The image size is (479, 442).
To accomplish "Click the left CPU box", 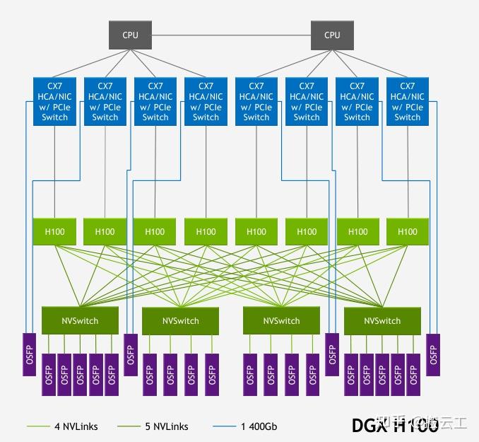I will (130, 35).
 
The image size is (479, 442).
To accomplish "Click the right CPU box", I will (332, 35).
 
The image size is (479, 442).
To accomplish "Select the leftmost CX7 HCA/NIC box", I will (54, 102).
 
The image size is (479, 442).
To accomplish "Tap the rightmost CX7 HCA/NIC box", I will (408, 102).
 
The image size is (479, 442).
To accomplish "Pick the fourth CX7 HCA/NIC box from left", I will (206, 102).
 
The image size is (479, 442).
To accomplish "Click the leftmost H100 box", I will (54, 231).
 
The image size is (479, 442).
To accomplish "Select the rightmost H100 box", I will (408, 231).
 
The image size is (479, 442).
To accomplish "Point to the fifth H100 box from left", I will (256, 231).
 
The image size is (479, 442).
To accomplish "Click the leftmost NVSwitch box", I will (80, 320).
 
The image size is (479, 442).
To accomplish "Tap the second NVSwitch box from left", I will (181, 320).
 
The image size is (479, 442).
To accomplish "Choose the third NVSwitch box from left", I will (281, 320).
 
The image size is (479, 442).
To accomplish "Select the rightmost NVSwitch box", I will (382, 320).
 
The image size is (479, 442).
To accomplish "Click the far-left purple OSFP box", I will (29, 354).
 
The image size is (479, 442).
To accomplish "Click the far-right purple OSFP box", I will (433, 354).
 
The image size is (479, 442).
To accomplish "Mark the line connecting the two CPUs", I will (231, 35).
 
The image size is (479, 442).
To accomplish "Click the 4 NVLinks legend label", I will (76, 426).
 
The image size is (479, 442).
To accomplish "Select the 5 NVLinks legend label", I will (166, 426).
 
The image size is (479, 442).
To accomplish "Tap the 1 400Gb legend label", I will (260, 426).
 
